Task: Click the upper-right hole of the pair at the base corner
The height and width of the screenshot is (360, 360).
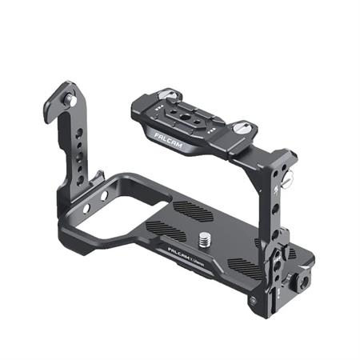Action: (x=104, y=194)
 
